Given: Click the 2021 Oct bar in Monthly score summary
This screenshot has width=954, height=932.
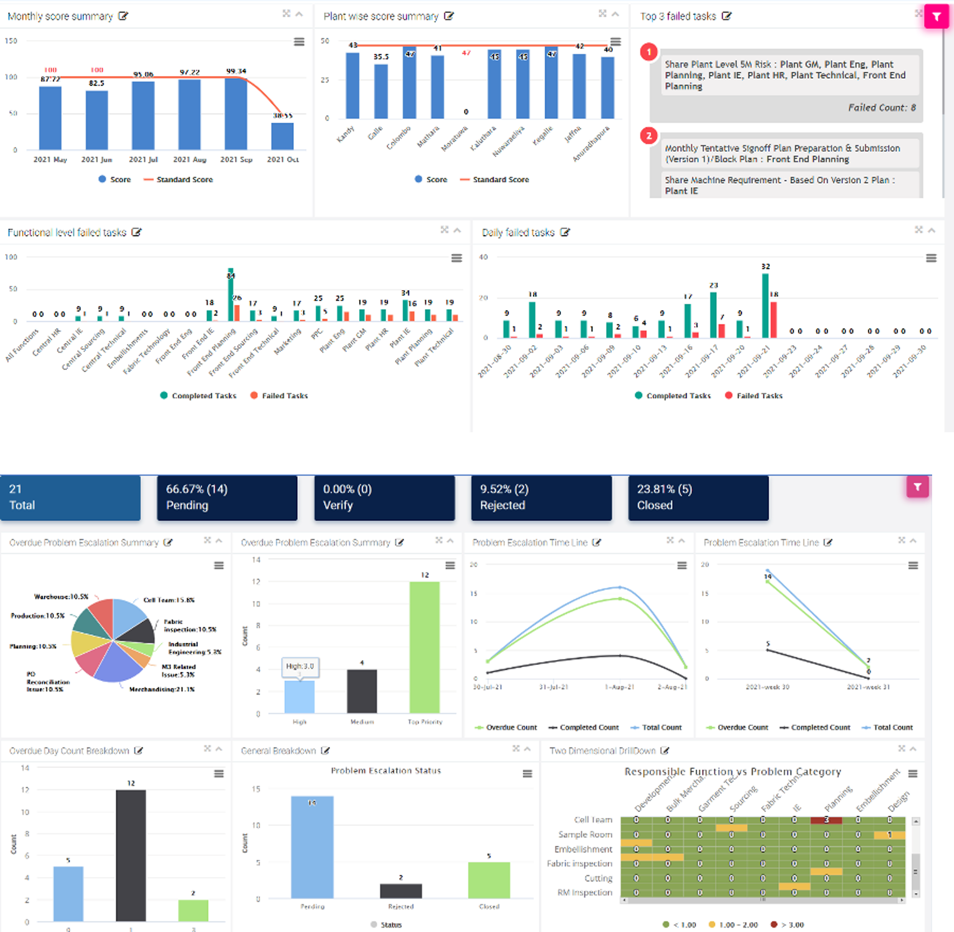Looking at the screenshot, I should point(282,136).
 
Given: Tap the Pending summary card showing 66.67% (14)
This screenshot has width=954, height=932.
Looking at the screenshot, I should point(227,497).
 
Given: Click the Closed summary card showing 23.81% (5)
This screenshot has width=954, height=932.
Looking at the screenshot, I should point(698,497).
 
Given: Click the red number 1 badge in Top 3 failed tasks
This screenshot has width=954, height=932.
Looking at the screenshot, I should point(649,51).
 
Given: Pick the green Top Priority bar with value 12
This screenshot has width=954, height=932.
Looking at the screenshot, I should point(424,647).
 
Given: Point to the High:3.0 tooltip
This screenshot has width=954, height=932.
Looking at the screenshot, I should point(300,666).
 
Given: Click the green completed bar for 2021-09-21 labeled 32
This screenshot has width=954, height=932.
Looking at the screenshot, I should point(765,306).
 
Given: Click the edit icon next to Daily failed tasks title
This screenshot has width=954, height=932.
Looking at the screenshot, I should point(565,233).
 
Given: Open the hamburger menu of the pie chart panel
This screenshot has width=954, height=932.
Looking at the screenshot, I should point(219,565).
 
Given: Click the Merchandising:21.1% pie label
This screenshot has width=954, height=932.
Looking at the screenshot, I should point(162,689).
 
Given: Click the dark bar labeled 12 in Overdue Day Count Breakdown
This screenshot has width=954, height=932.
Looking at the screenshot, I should point(131,855).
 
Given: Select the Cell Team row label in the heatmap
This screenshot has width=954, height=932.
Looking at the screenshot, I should point(593,819).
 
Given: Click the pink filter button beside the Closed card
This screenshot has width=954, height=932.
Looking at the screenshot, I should point(917,486).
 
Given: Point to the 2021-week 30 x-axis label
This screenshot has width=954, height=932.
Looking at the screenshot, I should point(767,687).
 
